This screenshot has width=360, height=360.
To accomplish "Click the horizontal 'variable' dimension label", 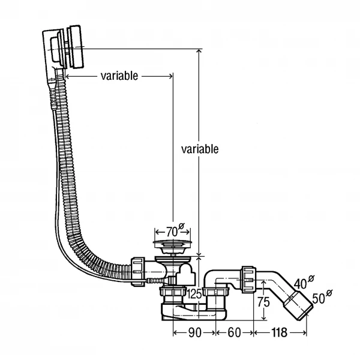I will (119, 76).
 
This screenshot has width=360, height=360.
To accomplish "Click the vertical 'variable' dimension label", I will (199, 149).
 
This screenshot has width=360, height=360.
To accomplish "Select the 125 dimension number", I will (194, 294).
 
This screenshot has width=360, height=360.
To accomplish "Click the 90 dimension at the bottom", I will (194, 332).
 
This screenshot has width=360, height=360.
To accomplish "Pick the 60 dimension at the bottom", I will (234, 332).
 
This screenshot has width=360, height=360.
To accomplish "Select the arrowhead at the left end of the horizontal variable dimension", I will (68, 76).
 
